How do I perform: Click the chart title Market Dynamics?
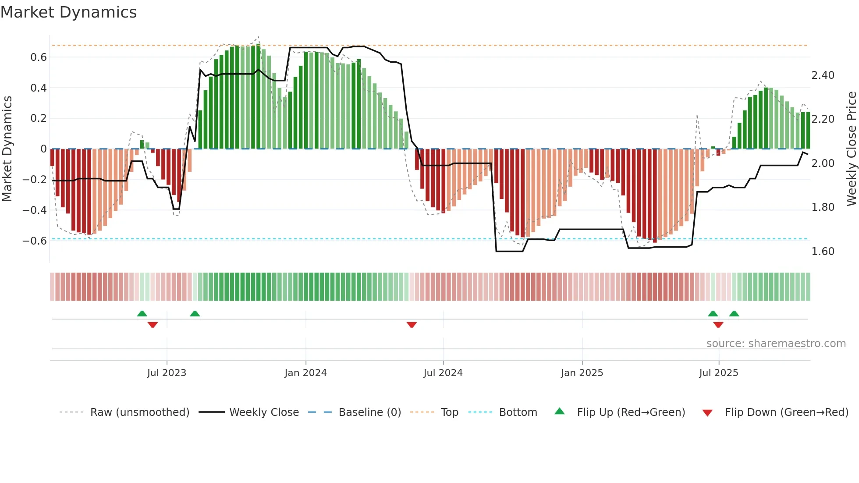(x=68, y=12)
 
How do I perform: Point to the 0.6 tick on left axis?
(x=39, y=57)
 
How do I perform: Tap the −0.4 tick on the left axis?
(x=35, y=210)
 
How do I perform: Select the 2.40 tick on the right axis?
(x=823, y=75)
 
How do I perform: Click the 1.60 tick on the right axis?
(x=823, y=252)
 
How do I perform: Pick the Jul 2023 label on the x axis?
(x=167, y=373)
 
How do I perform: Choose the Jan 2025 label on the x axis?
(x=582, y=373)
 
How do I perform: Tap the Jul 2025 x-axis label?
(x=718, y=373)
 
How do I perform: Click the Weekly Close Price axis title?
(x=851, y=149)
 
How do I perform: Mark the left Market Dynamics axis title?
(x=7, y=149)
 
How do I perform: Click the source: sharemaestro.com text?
(x=776, y=344)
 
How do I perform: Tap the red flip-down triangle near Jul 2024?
(x=412, y=325)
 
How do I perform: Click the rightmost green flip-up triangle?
(x=734, y=313)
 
